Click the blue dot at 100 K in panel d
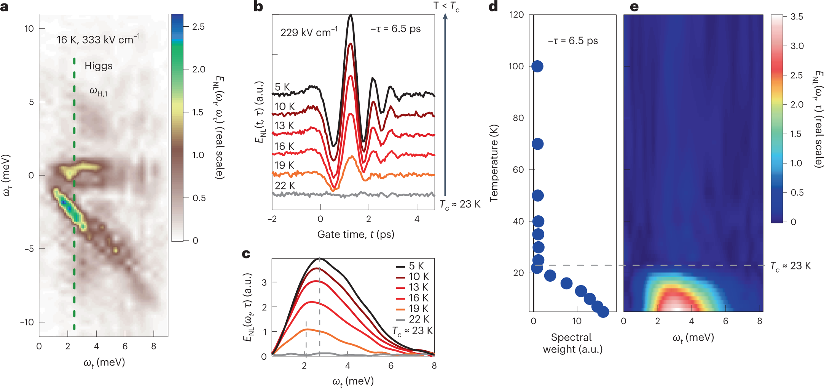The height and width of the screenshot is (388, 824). click(x=537, y=66)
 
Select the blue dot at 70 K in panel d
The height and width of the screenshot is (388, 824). click(x=537, y=144)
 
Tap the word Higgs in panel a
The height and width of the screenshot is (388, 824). click(x=98, y=66)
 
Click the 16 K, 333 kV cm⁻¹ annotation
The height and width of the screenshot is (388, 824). click(x=98, y=39)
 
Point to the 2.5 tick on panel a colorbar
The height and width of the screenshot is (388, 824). click(x=198, y=27)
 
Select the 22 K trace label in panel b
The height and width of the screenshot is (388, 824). click(x=285, y=186)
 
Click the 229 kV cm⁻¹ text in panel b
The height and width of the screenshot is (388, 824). click(x=309, y=32)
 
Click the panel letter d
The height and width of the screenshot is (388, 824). click(x=493, y=6)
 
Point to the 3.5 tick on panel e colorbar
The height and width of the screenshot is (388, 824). click(x=797, y=16)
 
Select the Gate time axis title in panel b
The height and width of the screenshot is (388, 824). click(x=355, y=234)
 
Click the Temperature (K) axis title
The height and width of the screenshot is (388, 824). click(x=494, y=163)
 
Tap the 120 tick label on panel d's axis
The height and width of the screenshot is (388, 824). click(x=517, y=15)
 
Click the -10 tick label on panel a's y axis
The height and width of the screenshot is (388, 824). click(x=27, y=322)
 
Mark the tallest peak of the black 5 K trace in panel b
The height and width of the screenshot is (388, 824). click(x=351, y=15)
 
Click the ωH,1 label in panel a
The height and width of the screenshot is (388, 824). click(x=98, y=91)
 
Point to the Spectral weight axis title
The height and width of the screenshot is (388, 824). click(x=572, y=343)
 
